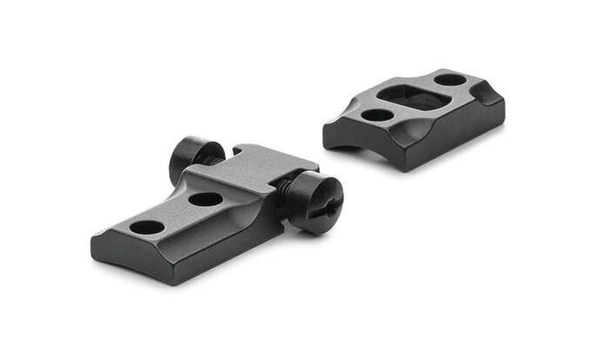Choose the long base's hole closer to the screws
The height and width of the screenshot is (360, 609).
(206, 199)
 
